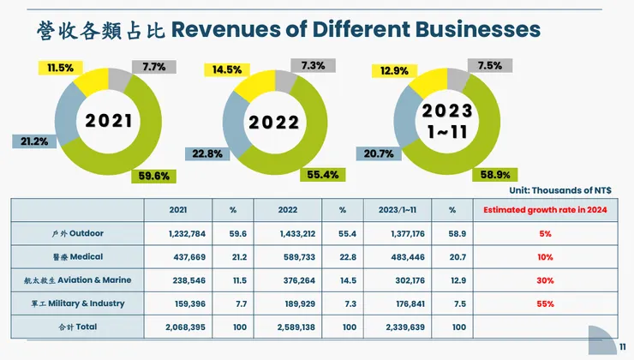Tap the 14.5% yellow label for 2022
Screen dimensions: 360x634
coord(226,69)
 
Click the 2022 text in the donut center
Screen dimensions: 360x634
coord(275,123)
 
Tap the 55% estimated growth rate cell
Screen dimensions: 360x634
coord(545,303)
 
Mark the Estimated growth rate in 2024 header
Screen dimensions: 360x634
coord(545,209)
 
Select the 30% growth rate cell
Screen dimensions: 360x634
coord(545,279)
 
